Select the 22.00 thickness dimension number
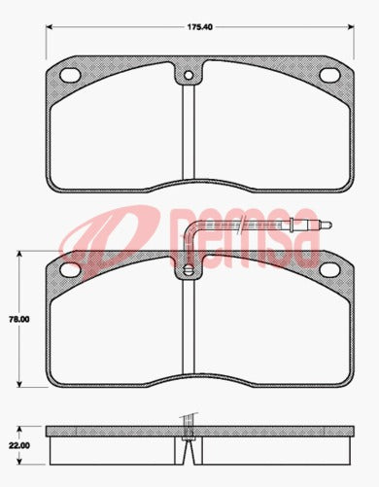coord(17,446)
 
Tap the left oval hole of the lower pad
coord(71,268)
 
